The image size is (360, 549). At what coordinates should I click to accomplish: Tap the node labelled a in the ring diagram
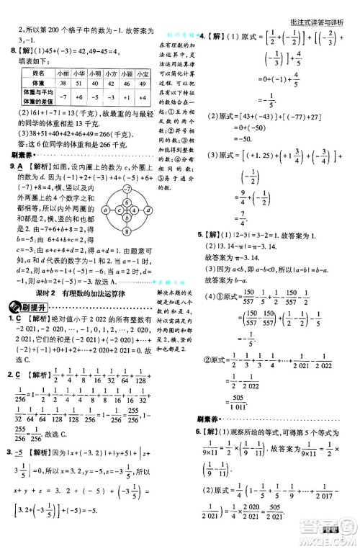pyautogui.click(x=106, y=210)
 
